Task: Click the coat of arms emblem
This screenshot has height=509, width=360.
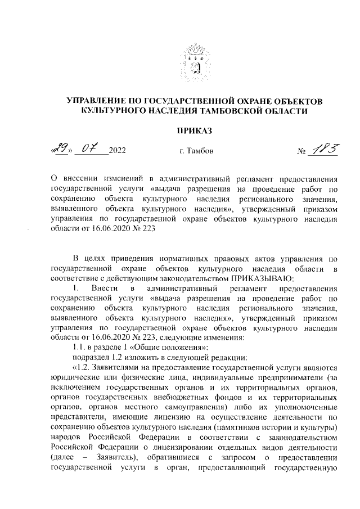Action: [195, 65]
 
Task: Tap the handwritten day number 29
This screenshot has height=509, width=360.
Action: [59, 149]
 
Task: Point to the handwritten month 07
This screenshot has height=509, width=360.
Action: [91, 149]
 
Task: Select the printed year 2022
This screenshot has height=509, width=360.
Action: [117, 151]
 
